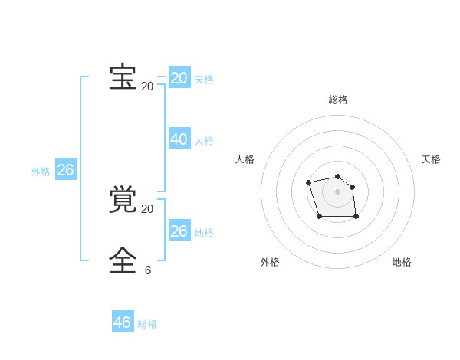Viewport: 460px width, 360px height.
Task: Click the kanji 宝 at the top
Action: point(123,77)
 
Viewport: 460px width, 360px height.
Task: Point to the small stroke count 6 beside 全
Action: point(148,270)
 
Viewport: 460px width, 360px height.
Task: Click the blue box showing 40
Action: point(179,139)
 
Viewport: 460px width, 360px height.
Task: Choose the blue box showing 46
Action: point(123,322)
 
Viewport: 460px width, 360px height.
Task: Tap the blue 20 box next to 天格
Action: point(179,78)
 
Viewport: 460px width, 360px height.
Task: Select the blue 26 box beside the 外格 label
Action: point(66,170)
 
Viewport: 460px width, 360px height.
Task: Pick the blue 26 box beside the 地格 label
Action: point(179,231)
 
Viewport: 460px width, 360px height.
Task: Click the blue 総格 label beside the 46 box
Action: point(147,324)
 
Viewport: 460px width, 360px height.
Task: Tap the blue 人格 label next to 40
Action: point(204,141)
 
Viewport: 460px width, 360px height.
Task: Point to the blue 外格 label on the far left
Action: point(41,172)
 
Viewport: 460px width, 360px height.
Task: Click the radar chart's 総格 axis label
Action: point(338,100)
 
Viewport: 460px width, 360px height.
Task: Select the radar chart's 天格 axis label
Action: point(431,159)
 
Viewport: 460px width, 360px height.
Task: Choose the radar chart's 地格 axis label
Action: point(402,262)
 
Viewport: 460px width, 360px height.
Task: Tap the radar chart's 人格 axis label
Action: point(245,159)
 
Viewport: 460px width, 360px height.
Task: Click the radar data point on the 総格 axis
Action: point(338,176)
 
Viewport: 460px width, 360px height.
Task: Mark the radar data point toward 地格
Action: point(356,217)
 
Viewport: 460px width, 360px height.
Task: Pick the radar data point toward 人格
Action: point(308,182)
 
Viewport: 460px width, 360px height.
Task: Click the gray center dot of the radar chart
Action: point(338,191)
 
